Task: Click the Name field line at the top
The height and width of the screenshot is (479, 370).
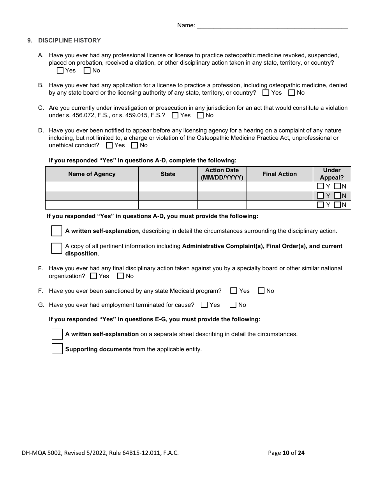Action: coord(272,26)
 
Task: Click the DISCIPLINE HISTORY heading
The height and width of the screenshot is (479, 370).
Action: coord(69,41)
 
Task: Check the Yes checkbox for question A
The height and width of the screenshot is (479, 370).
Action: coord(60,71)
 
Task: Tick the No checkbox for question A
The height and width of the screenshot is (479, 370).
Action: coord(87,71)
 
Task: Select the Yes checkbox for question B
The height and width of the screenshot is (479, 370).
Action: coord(266,93)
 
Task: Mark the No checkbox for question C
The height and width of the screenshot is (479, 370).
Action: coord(201,116)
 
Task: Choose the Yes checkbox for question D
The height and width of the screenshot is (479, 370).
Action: coord(109,146)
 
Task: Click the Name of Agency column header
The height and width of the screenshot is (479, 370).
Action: coord(92,174)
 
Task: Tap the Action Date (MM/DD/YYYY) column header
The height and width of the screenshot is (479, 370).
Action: coord(222,174)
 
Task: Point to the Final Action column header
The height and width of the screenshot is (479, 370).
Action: coord(280,174)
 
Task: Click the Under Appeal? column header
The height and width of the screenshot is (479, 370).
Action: coord(332,174)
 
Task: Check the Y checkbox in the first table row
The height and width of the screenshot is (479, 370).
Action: coord(321,187)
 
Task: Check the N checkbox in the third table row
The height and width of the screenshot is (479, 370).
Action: coord(338,205)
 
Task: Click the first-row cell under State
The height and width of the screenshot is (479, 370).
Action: coord(168,187)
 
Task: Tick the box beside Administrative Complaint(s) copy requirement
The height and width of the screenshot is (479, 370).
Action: coord(57,248)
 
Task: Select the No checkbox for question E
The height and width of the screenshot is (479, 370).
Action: coord(121,276)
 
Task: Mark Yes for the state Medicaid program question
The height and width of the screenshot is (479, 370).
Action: coord(234,291)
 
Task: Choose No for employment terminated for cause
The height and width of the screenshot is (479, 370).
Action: coord(233,305)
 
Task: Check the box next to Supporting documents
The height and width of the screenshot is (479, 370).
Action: coord(57,349)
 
